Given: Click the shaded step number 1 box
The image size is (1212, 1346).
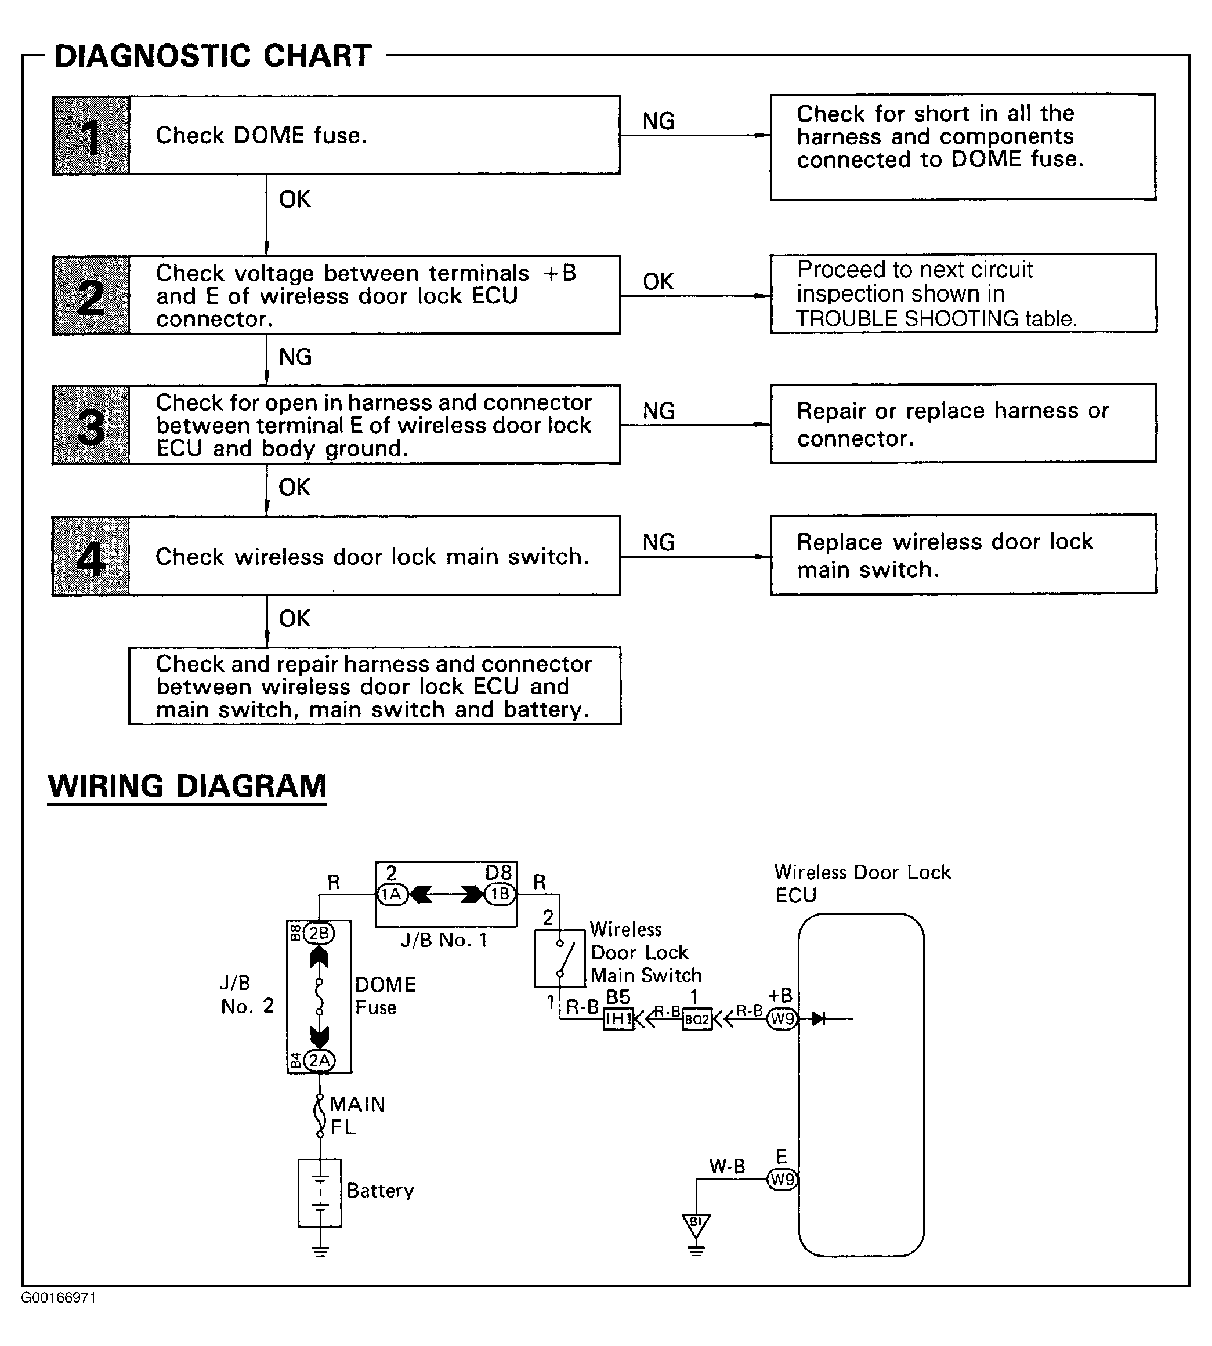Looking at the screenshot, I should [x=91, y=136].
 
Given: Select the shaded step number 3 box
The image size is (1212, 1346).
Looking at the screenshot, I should [x=91, y=425].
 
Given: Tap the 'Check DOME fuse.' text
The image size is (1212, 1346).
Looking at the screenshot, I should [x=261, y=136].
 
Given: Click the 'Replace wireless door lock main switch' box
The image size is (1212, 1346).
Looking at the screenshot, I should [x=963, y=554].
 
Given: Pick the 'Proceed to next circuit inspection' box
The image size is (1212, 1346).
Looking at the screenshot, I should [x=963, y=293].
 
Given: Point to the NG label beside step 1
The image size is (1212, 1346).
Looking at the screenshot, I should [x=659, y=121].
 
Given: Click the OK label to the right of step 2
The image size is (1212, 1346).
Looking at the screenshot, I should [x=659, y=282].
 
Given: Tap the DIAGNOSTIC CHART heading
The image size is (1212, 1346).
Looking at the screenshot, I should [x=213, y=56].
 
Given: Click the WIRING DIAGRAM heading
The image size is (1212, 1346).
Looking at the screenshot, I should [x=187, y=786].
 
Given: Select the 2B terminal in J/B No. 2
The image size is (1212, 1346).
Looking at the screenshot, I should [x=319, y=934].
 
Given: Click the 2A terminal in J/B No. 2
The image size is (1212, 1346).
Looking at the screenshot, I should [x=319, y=1061].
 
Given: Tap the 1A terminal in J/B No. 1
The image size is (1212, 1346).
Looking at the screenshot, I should [x=392, y=894].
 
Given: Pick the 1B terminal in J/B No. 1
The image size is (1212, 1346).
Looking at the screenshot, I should [x=500, y=894].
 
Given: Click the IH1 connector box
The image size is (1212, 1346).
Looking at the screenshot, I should [x=618, y=1018].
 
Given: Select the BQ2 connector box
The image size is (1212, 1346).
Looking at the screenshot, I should [x=697, y=1019].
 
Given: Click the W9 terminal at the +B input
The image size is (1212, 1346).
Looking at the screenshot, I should [x=783, y=1018].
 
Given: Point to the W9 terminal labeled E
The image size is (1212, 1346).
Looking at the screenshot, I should [x=783, y=1180].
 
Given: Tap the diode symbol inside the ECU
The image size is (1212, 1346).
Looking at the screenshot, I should [x=819, y=1018].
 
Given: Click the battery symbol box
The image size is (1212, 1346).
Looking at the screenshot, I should [x=320, y=1193].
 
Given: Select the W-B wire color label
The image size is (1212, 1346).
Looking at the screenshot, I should [x=727, y=1166].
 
